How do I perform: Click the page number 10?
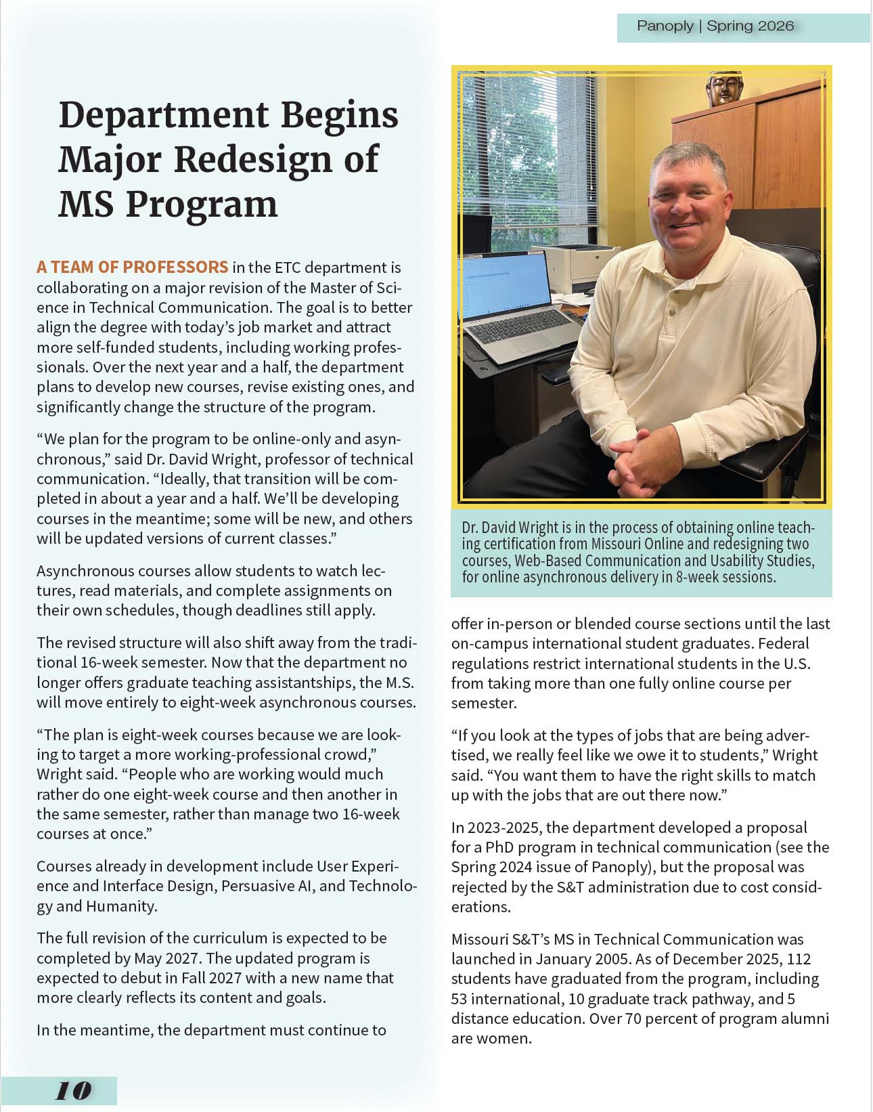(x=73, y=1091)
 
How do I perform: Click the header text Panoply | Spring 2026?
(x=715, y=26)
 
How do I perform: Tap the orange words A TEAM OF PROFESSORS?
(x=132, y=267)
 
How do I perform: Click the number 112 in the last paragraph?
(x=799, y=959)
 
